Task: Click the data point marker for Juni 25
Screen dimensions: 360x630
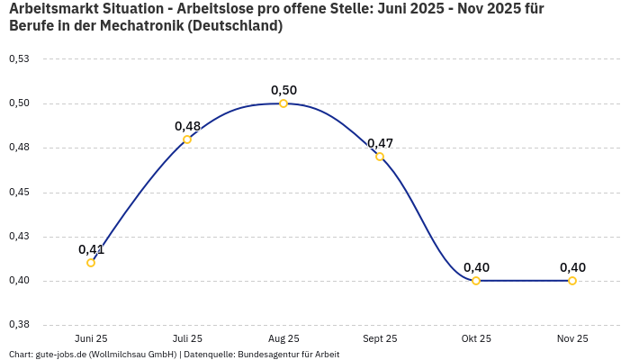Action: tap(91, 263)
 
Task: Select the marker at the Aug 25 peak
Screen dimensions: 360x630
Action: tap(283, 103)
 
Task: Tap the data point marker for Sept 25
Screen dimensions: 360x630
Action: tap(380, 157)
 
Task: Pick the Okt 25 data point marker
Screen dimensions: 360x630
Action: tap(476, 281)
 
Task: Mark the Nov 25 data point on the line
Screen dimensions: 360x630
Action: tap(572, 281)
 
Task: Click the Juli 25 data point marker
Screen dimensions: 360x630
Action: tap(187, 139)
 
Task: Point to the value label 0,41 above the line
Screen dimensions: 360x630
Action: tap(91, 249)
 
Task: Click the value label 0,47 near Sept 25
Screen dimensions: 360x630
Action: tap(380, 143)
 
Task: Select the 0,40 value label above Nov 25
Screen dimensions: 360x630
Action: tap(572, 267)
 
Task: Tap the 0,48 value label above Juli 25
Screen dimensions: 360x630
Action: tap(187, 126)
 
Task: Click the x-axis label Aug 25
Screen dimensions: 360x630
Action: tap(283, 338)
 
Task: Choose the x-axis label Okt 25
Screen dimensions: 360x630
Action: tap(476, 338)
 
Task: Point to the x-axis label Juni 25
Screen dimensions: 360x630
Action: tap(91, 338)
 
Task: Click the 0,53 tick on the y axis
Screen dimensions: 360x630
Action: tap(19, 59)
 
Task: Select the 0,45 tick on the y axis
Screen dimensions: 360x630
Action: tap(19, 193)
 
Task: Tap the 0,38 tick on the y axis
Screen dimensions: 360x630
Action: tap(19, 325)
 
